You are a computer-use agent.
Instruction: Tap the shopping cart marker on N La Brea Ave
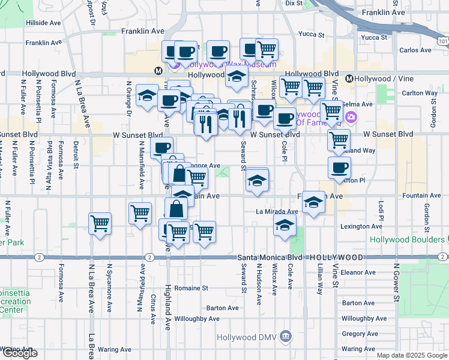100,224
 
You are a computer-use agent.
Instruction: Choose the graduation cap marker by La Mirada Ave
285,226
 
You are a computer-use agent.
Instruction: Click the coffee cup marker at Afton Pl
339,169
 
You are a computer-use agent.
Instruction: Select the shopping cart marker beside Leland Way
339,140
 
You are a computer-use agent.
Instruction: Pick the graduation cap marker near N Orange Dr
147,96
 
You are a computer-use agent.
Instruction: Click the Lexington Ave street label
361,226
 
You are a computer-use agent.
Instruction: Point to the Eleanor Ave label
358,272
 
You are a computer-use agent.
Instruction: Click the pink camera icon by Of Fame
351,117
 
